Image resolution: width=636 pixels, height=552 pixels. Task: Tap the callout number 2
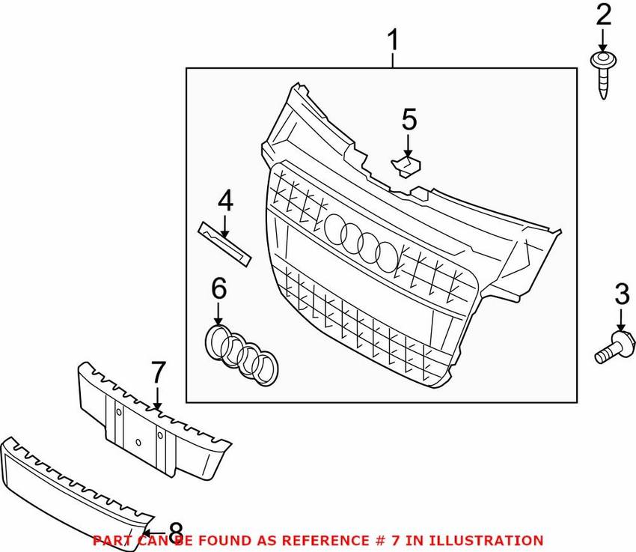tap(603, 15)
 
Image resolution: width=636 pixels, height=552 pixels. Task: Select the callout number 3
tap(621, 294)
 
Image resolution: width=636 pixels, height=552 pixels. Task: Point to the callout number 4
tap(224, 201)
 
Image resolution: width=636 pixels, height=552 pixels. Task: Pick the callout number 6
tap(218, 287)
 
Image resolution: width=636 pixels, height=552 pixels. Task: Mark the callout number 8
tap(175, 531)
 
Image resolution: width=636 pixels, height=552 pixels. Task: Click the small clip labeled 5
tap(406, 166)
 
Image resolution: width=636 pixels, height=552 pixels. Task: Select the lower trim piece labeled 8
tap(75, 487)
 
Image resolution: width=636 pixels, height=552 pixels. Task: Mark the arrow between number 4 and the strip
tap(224, 223)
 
